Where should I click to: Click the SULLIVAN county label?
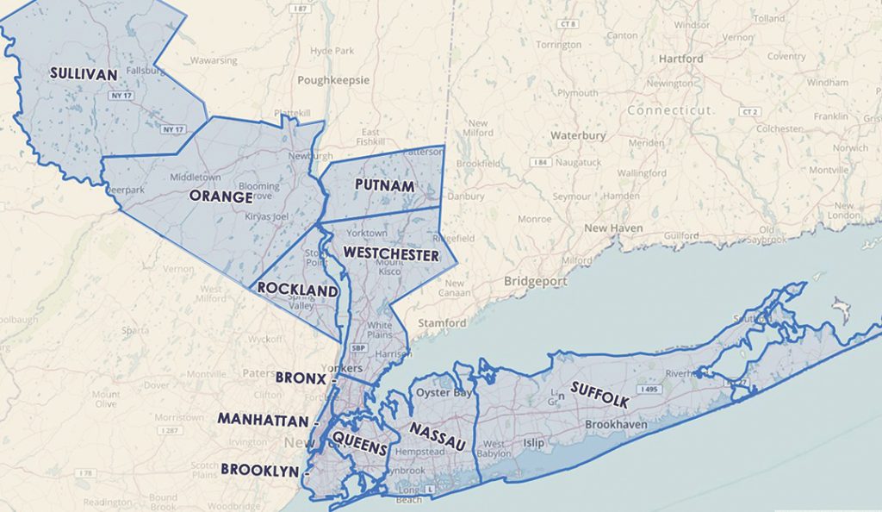click(83, 74)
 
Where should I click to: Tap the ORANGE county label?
click(221, 197)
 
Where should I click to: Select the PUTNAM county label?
click(384, 186)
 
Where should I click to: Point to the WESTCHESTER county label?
click(390, 254)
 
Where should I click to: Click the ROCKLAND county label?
click(297, 292)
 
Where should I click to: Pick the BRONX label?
click(301, 378)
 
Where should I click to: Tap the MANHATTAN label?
click(263, 420)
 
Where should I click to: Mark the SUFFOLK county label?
click(599, 394)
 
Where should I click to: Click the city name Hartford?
click(680, 59)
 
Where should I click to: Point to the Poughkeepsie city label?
click(333, 80)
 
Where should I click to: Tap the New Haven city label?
click(613, 228)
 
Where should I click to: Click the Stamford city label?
click(443, 323)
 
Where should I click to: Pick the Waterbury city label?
click(578, 135)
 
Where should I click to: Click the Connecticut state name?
click(669, 110)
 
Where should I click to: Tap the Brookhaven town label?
click(616, 425)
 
